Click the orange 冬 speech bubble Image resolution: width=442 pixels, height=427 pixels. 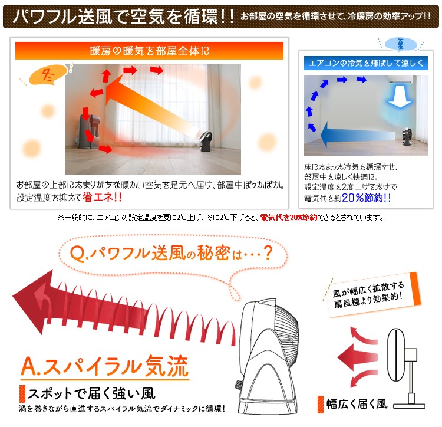point(48,75)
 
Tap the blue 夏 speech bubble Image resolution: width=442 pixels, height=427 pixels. point(401,44)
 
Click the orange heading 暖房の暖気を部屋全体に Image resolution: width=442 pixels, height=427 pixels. point(150,51)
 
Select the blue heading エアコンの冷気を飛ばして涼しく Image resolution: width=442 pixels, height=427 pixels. point(366,63)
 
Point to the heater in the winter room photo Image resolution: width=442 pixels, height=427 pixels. point(88,132)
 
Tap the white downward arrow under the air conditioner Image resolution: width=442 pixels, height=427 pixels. point(400,97)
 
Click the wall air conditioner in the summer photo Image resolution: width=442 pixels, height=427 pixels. point(401,79)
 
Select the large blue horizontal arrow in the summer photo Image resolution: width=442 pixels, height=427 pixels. point(358,135)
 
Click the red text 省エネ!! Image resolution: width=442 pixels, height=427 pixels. point(102,197)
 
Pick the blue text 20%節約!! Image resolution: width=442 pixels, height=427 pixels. point(366,198)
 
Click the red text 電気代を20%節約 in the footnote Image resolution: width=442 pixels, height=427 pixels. point(289,218)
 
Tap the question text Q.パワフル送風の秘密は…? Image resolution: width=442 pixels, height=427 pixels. point(171,252)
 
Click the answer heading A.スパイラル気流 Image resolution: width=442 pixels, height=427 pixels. point(105,366)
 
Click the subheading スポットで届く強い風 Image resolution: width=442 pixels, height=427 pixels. point(91,393)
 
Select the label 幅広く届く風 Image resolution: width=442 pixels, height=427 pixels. point(357,404)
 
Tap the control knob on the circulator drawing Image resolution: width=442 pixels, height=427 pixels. point(238,384)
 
